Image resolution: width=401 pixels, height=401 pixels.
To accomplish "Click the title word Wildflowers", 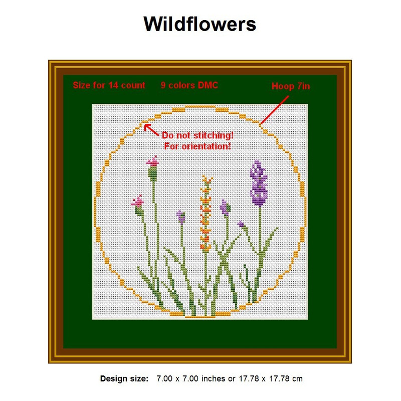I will click(200, 24).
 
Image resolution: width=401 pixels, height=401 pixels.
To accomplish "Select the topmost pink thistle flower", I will click(152, 161).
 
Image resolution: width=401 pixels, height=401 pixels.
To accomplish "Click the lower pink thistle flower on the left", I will click(137, 202).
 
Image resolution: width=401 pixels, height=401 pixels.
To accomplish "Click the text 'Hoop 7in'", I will click(291, 86).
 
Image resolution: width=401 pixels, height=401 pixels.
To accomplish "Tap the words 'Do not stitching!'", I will click(197, 136).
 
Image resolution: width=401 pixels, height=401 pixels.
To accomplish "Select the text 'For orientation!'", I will click(197, 146).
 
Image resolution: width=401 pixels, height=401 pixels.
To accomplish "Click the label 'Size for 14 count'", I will click(109, 85).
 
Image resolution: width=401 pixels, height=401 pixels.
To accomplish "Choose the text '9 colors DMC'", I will click(189, 85).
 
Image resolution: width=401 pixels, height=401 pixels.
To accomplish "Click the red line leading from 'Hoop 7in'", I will click(275, 108).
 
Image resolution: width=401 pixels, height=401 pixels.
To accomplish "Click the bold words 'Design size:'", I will click(124, 378).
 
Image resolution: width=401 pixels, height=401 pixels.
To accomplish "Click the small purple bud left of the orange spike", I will click(181, 216).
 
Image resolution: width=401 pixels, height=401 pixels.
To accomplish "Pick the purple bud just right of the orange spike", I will click(225, 207).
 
